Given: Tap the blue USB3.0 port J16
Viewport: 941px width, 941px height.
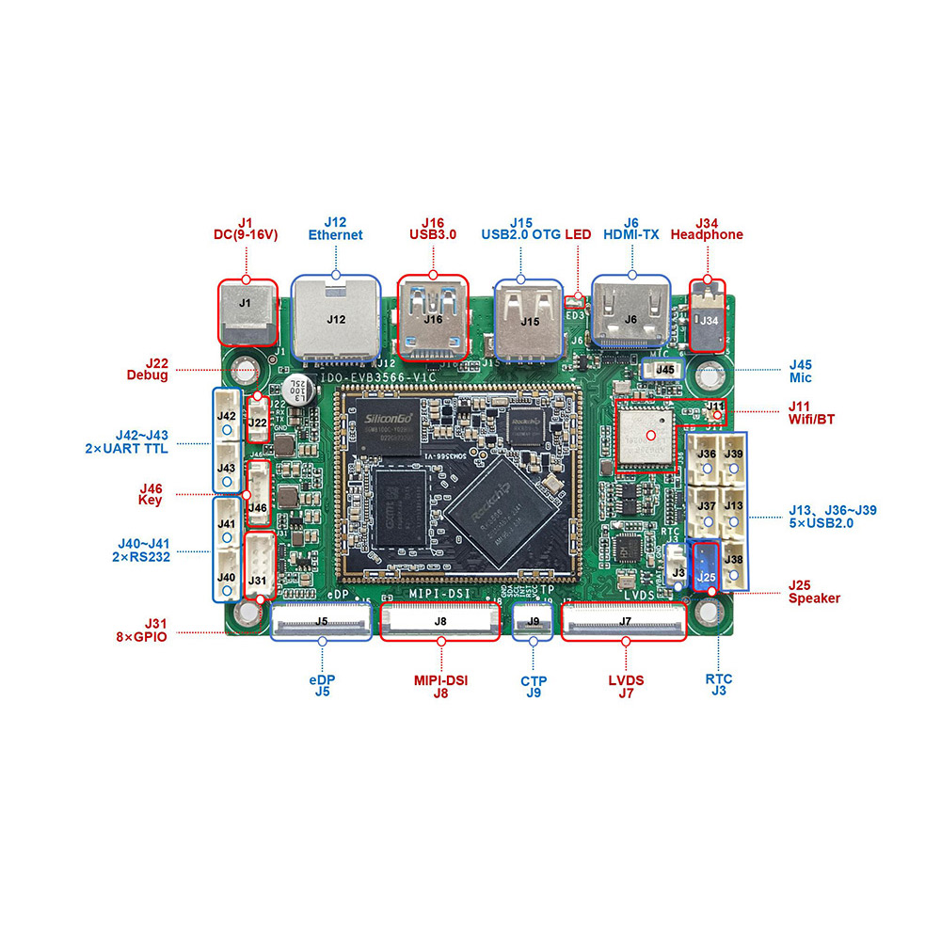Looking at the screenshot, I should pos(433,318).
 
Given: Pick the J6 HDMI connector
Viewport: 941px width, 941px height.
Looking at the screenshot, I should pos(630,314).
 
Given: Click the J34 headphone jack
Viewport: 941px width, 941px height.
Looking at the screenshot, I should pos(709,317).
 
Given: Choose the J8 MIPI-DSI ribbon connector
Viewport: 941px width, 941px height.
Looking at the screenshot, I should pos(439,621).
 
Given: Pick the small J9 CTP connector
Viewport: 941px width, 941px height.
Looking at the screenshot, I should pos(534,621).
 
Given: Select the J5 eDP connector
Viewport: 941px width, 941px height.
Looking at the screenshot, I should pos(321,622).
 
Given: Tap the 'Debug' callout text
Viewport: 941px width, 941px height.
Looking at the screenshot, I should pos(147,375).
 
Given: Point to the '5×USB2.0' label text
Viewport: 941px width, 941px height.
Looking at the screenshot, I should pos(821,523).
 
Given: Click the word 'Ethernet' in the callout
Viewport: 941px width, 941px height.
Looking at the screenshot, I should pos(335,235).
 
